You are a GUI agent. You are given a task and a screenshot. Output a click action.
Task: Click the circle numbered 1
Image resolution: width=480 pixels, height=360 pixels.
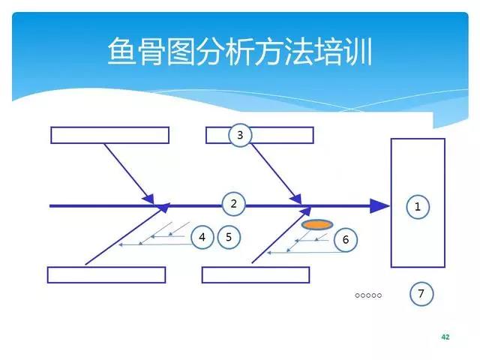click(418, 205)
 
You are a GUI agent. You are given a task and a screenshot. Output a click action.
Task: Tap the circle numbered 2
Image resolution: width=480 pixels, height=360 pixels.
click(233, 203)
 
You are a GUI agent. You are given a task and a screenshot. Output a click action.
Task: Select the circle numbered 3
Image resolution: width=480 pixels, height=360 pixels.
click(240, 135)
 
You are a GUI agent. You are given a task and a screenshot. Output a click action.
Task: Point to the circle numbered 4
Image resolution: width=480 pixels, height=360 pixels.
click(202, 237)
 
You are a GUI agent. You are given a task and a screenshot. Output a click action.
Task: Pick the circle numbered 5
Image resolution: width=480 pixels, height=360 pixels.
click(229, 237)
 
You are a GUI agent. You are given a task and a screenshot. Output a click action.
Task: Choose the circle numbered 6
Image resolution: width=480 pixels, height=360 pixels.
click(345, 239)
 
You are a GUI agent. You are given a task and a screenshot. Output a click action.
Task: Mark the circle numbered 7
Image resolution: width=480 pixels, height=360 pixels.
click(421, 294)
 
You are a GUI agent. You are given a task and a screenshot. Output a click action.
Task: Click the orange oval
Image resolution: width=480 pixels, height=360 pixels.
click(317, 224)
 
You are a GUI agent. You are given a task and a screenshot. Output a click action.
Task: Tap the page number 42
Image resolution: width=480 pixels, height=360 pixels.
click(445, 337)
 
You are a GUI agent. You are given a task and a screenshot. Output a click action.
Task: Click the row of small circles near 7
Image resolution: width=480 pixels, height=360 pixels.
click(368, 295)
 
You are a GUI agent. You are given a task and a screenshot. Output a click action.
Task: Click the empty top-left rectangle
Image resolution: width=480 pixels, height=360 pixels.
click(110, 135)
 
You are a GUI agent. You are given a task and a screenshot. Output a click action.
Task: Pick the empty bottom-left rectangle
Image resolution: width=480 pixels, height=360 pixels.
click(106, 274)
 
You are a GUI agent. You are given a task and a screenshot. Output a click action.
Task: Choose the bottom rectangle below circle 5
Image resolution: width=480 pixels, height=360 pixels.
click(256, 274)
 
